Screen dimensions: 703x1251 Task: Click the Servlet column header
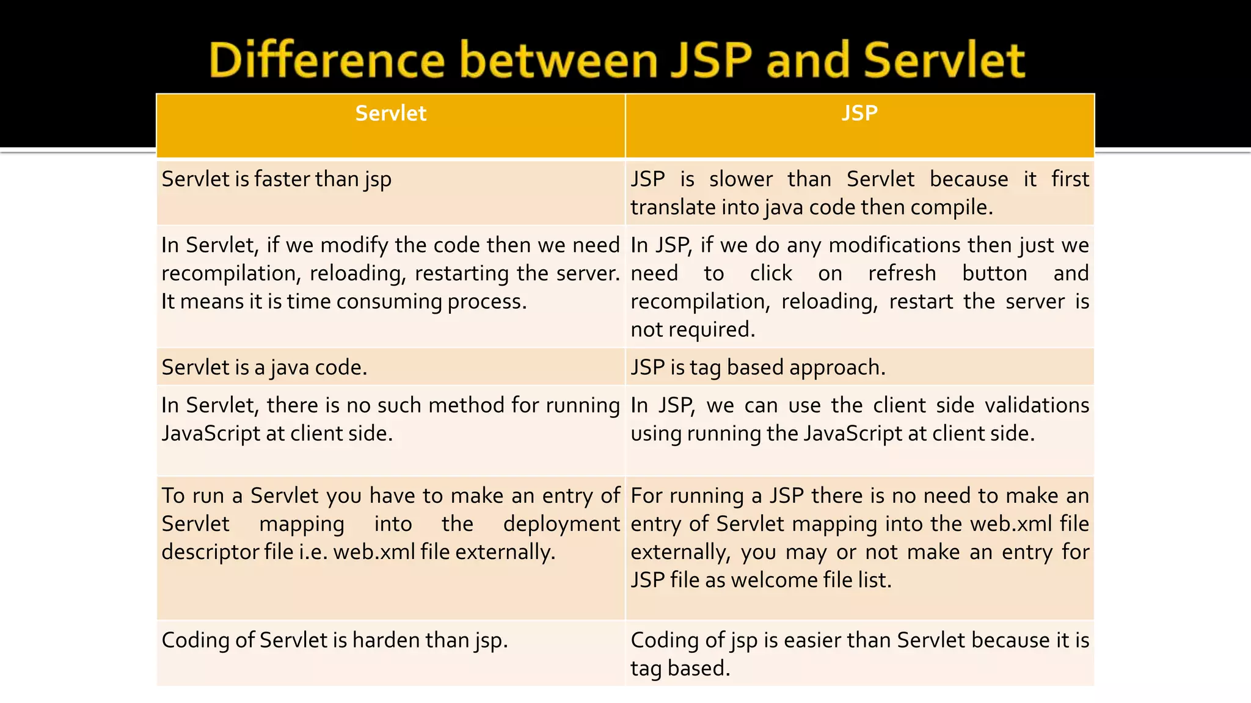point(391,114)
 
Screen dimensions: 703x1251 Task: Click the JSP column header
point(859,113)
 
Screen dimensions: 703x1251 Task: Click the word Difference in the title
point(327,60)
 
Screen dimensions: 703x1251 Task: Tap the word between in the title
point(558,60)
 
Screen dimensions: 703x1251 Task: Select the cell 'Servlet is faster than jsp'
point(277,179)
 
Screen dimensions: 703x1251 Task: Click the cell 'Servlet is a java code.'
point(264,367)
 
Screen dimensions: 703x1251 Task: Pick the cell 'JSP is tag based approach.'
point(758,367)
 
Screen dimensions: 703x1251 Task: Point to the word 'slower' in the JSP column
point(741,179)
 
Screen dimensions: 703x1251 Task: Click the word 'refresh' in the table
point(902,273)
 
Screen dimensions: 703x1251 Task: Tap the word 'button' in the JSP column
point(994,273)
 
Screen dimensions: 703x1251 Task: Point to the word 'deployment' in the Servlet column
point(561,524)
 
